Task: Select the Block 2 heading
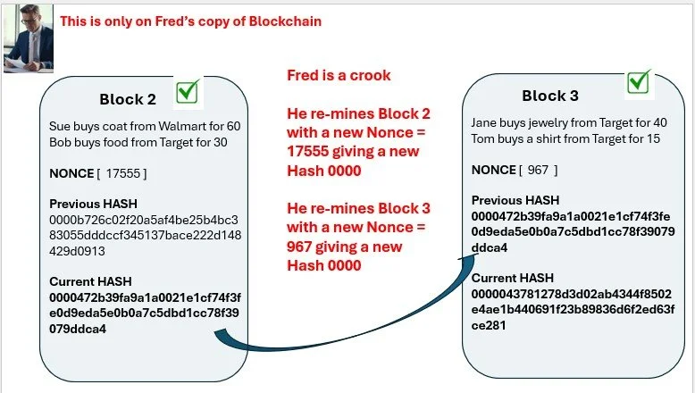click(127, 98)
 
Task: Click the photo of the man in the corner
click(29, 37)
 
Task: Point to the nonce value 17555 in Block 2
click(124, 172)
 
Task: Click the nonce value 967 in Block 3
click(539, 170)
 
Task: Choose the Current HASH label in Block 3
click(510, 279)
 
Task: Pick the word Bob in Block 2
click(61, 141)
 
